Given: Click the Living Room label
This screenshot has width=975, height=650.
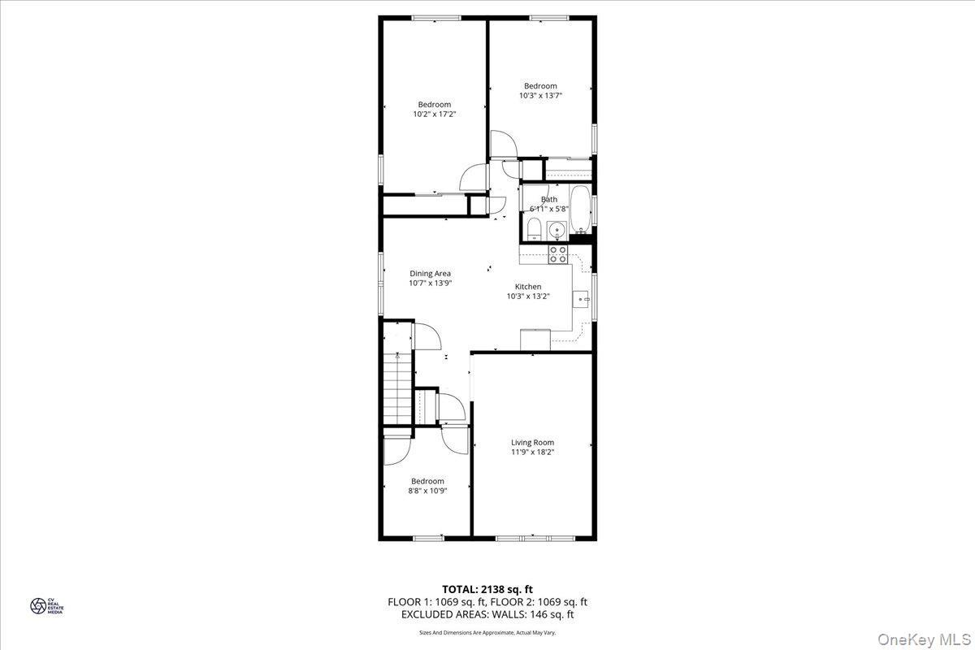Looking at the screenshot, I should point(532,442).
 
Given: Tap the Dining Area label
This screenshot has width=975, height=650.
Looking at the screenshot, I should point(430,274).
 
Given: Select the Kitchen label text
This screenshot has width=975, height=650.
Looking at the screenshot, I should point(528,287).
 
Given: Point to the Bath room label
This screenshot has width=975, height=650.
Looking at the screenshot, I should point(550,199).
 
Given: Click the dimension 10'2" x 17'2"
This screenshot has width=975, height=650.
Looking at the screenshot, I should point(434,115).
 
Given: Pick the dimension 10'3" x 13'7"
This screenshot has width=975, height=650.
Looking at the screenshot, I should point(540,96).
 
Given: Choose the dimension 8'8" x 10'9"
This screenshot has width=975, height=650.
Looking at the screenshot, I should point(427,491).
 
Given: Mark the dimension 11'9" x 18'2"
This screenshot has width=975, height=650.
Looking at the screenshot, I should point(532,452).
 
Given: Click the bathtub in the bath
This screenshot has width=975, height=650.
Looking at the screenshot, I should point(581,210).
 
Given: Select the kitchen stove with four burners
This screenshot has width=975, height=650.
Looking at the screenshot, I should point(558,254).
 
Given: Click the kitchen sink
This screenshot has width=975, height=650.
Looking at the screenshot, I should point(583,299).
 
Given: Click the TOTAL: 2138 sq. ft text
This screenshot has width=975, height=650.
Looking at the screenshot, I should point(487,589).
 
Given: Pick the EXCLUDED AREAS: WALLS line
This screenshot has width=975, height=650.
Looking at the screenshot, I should point(487,615).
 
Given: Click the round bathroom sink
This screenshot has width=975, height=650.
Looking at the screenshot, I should point(557,231).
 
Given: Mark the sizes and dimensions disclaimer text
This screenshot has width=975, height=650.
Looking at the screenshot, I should point(487,632).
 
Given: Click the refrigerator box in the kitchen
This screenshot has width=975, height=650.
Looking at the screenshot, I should point(535,339).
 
